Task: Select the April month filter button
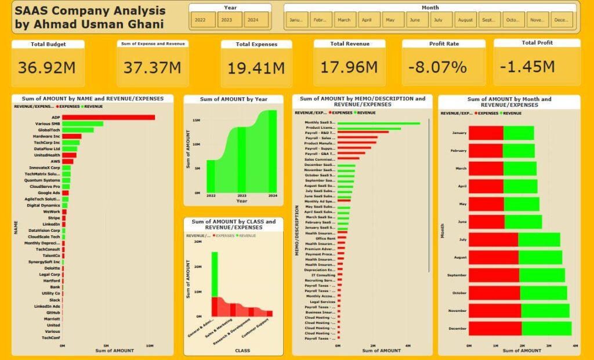pyautogui.click(x=367, y=20)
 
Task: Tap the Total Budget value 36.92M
pyautogui.click(x=46, y=68)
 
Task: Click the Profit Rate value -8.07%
pyautogui.click(x=437, y=67)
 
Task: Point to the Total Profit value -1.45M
pyautogui.click(x=527, y=67)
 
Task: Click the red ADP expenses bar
pyautogui.click(x=108, y=117)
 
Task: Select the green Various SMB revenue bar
pyautogui.click(x=82, y=123)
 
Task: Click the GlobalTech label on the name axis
pyautogui.click(x=49, y=130)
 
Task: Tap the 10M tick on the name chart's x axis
pyautogui.click(x=150, y=345)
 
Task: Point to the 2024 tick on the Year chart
pyautogui.click(x=272, y=196)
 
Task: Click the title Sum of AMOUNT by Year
pyautogui.click(x=233, y=100)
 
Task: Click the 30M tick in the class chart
pyautogui.click(x=197, y=242)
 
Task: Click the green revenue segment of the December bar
pyautogui.click(x=546, y=329)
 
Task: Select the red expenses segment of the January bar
pyautogui.click(x=486, y=133)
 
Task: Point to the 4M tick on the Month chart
pyautogui.click(x=575, y=345)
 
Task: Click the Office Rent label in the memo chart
pyautogui.click(x=325, y=238)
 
